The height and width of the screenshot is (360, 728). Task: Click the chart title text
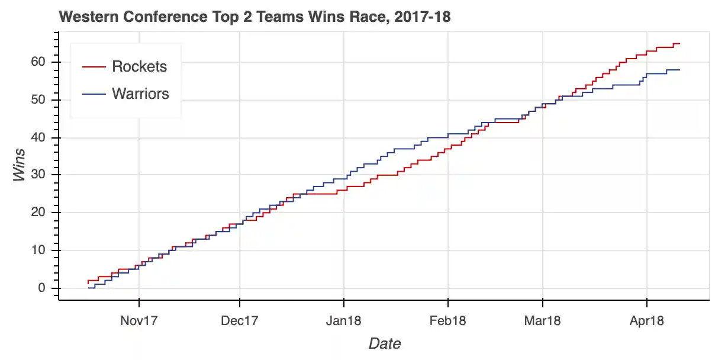click(255, 17)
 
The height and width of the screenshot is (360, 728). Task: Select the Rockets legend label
click(140, 66)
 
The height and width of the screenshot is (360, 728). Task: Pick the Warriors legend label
click(141, 94)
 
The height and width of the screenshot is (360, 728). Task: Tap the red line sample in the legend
click(94, 67)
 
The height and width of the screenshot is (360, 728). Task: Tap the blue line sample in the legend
click(94, 94)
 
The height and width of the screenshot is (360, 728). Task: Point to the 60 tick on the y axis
click(38, 62)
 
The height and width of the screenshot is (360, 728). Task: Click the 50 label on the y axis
click(38, 100)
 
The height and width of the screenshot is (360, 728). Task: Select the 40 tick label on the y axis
click(38, 137)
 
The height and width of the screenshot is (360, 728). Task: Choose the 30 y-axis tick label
click(38, 175)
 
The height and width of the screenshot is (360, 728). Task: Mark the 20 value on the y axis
click(38, 213)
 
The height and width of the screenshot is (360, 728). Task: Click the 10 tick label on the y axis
click(38, 250)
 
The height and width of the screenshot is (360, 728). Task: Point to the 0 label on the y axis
click(41, 288)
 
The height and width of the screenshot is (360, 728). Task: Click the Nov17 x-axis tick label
click(138, 321)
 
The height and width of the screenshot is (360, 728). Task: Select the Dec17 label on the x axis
click(240, 321)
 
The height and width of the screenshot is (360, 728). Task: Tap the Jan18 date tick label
click(344, 321)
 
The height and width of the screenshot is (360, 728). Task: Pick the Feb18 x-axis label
click(448, 321)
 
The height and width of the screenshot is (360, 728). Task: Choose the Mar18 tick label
click(543, 321)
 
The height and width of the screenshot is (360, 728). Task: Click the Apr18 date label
click(646, 321)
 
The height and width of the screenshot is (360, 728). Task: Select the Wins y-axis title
click(20, 165)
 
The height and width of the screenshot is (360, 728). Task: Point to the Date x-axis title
click(384, 343)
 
